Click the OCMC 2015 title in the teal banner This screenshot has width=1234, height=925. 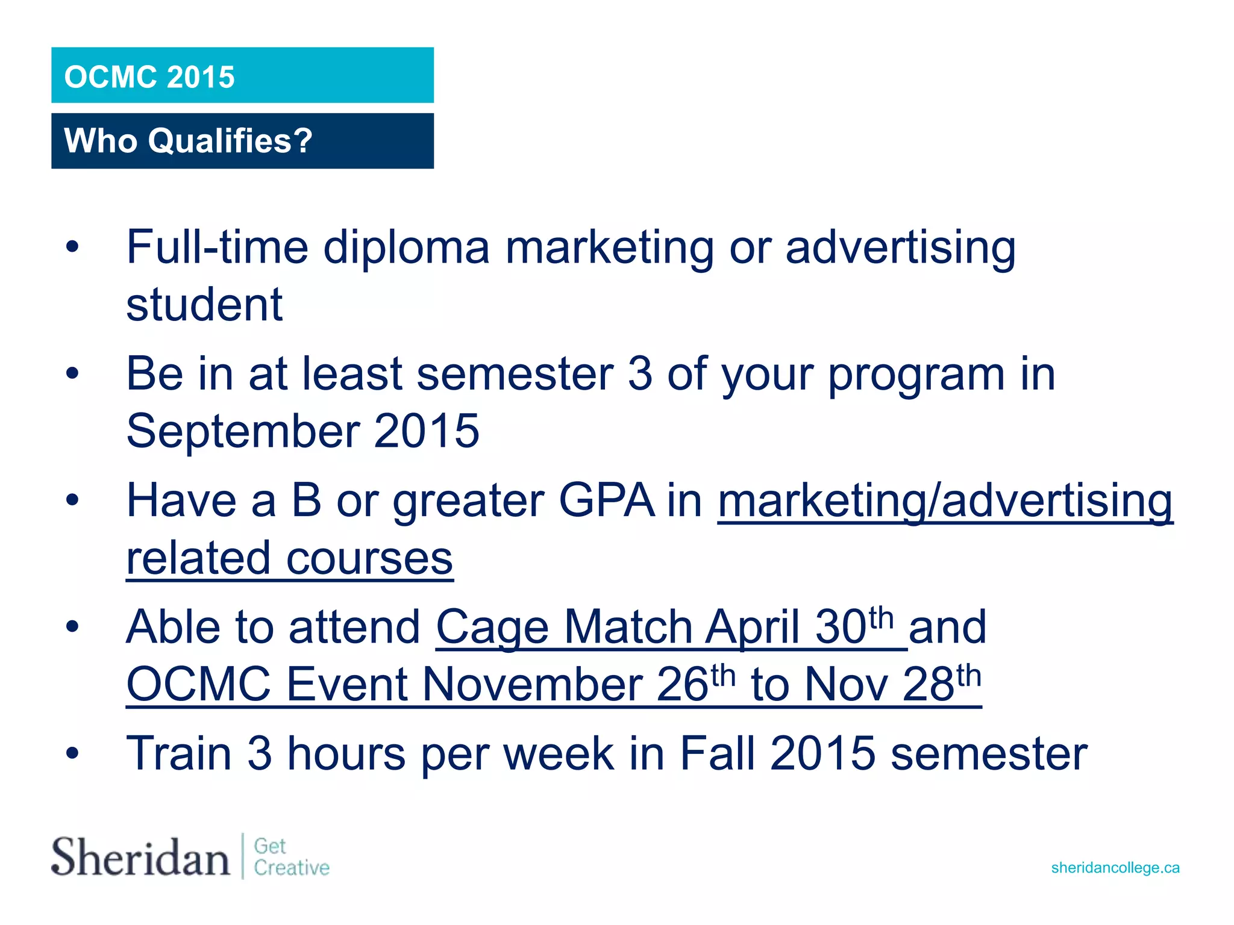(149, 77)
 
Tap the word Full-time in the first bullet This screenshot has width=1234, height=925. (217, 247)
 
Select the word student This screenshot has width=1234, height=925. (204, 305)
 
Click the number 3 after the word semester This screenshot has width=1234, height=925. (640, 374)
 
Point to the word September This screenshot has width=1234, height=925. (243, 431)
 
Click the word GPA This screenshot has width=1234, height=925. (606, 500)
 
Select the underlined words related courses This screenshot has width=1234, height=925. (289, 558)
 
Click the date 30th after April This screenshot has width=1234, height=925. (854, 626)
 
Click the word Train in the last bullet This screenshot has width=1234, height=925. (179, 753)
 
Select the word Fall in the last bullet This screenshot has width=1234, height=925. (717, 753)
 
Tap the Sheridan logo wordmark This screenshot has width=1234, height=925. (140, 856)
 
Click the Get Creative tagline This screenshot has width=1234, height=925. (291, 857)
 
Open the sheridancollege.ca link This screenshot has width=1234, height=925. (1115, 868)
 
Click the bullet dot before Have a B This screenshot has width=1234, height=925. (73, 500)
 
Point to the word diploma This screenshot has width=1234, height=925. (407, 247)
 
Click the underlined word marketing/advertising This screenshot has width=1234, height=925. (945, 500)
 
